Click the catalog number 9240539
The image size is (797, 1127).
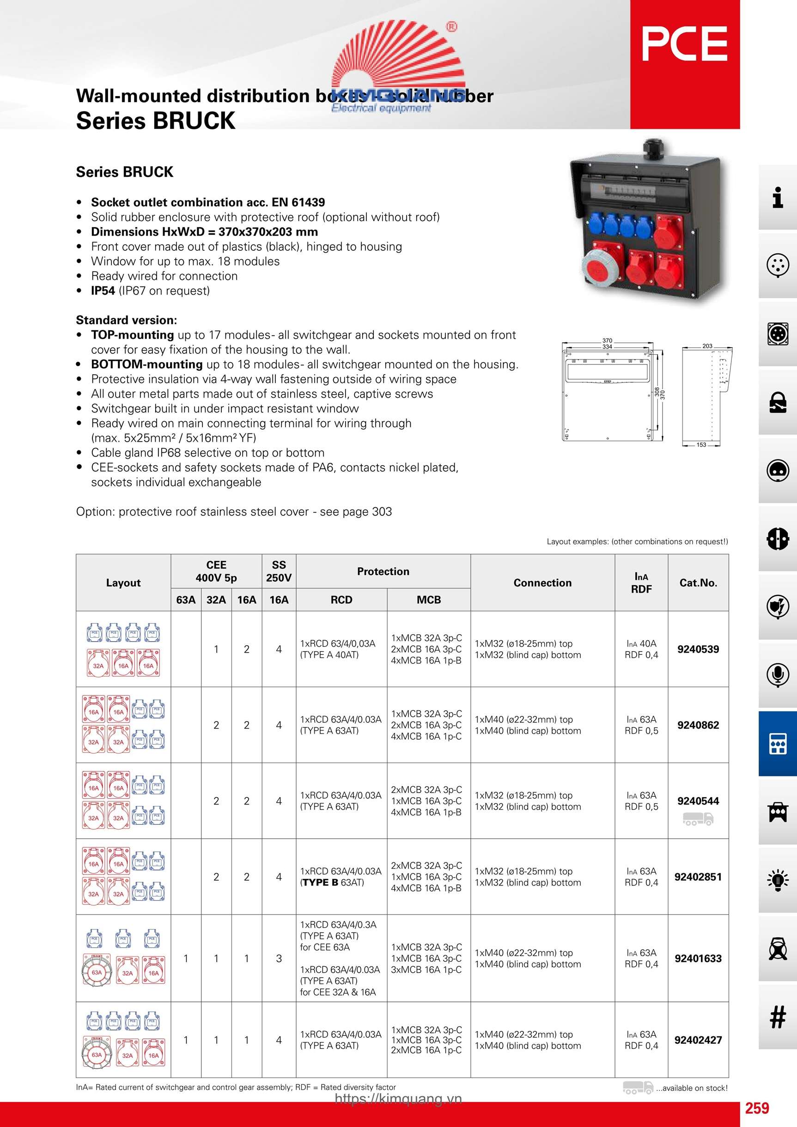(698, 649)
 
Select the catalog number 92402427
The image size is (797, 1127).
(698, 1040)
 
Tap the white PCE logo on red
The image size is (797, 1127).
(685, 44)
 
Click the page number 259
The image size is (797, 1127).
(757, 1108)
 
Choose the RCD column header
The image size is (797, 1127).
(341, 600)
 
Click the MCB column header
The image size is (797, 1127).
(429, 600)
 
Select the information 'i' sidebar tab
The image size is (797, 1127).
(777, 197)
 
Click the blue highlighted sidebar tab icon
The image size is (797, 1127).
(777, 744)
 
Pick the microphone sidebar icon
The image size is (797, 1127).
(777, 674)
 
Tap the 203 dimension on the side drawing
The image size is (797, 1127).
(707, 346)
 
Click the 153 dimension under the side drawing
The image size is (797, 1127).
(701, 445)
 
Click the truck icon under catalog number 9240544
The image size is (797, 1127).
(698, 819)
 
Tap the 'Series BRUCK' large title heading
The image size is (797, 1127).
(156, 120)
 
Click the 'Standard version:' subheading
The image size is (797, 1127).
(126, 320)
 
